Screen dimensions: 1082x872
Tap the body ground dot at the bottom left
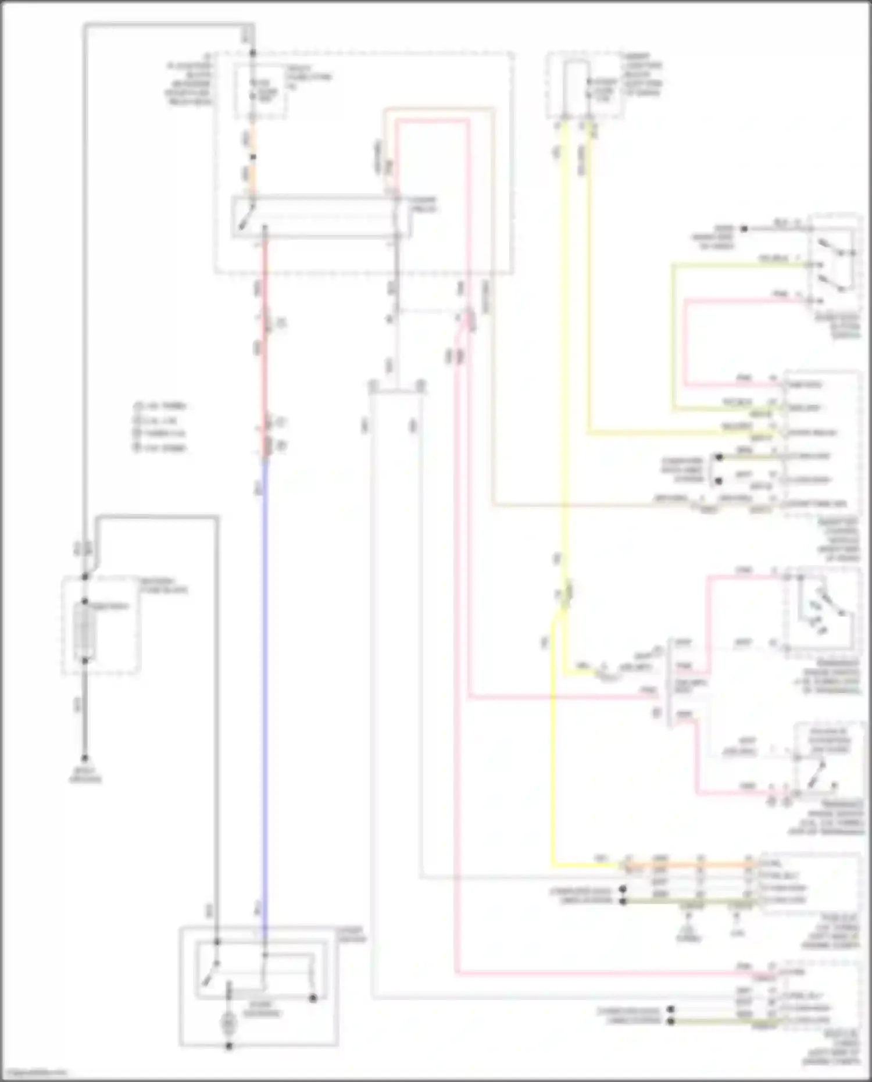click(85, 758)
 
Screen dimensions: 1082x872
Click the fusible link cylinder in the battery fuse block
click(85, 631)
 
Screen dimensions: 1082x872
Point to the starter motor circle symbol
click(228, 1022)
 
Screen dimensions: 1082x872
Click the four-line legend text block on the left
click(160, 427)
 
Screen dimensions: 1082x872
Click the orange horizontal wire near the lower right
click(686, 865)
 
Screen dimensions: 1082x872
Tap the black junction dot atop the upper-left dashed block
click(252, 53)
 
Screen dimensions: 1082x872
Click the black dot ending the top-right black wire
click(744, 229)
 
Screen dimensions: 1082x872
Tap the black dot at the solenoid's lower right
click(313, 998)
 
